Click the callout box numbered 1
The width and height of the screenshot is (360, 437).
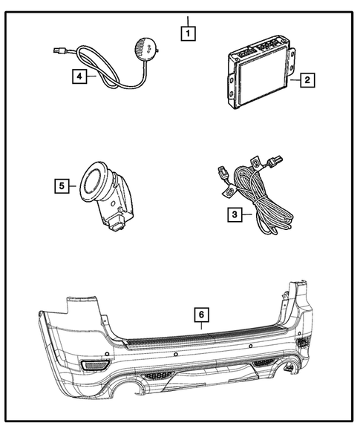click(x=190, y=33)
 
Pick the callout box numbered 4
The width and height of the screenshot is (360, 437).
click(x=78, y=74)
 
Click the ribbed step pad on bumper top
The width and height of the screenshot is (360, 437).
click(x=200, y=338)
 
